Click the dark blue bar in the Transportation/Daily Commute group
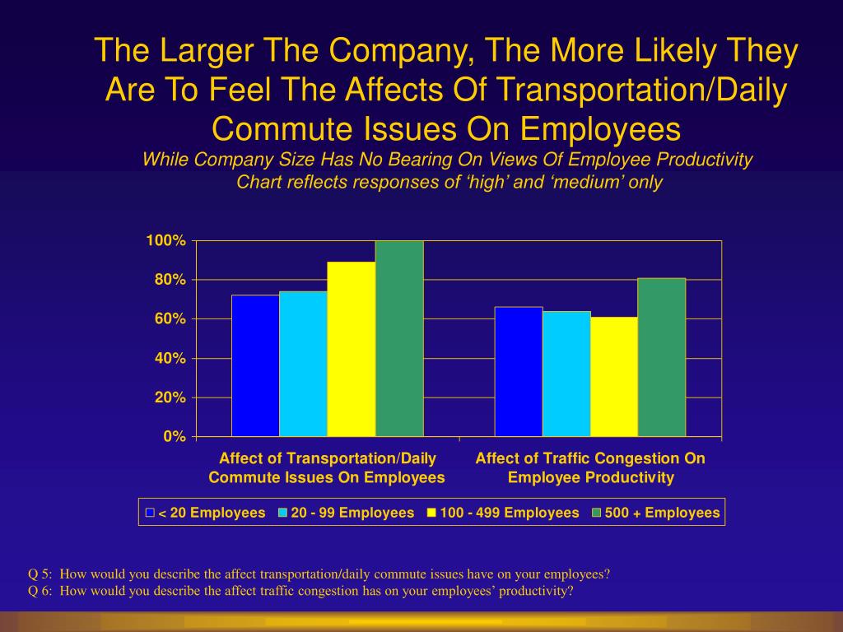tap(255, 365)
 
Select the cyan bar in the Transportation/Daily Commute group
tap(303, 364)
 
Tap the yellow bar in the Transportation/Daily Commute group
tap(351, 349)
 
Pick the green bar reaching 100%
tap(399, 338)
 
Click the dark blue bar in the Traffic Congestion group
tap(518, 371)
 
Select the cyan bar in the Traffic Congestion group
tap(566, 374)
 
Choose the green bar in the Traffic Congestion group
tap(661, 357)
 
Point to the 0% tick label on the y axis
tap(173, 437)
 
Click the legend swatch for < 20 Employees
tap(150, 513)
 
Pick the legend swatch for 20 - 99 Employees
tap(282, 513)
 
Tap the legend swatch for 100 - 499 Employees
tap(431, 513)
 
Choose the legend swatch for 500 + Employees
tap(596, 513)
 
